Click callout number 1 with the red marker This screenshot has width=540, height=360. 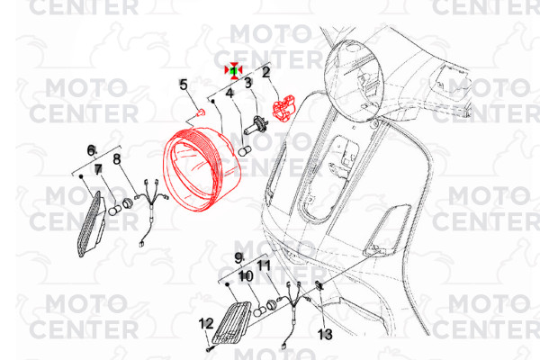233,70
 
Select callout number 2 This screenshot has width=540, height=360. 266,72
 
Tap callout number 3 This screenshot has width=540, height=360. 248,83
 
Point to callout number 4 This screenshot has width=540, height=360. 229,93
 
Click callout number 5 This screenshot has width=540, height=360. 184,85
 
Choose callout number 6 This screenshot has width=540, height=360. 91,150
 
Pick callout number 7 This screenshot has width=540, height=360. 98,169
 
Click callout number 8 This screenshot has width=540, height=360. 117,158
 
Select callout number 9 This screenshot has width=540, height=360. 239,258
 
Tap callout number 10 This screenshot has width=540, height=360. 245,276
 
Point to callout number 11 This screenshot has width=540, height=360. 264,265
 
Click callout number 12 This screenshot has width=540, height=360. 206,324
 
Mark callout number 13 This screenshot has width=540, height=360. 325,334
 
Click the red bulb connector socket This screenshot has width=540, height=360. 284,108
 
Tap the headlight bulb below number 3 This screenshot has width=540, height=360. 254,125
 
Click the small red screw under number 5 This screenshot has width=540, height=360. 200,112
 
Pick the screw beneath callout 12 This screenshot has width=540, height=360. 210,349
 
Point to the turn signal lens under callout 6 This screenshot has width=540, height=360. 91,224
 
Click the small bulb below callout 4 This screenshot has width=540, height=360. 245,150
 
